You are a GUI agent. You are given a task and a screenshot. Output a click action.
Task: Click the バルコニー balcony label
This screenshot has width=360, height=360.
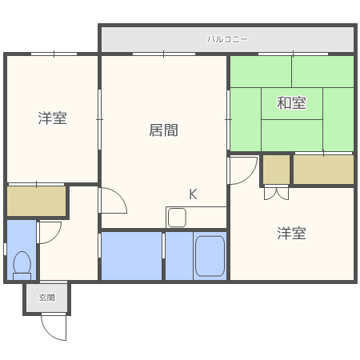(228, 38)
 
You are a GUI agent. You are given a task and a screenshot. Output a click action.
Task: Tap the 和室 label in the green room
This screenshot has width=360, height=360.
(291, 102)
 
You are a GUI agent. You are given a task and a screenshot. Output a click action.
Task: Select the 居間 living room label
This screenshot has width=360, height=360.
(163, 130)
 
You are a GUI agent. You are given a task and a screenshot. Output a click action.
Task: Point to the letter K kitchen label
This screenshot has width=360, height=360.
(193, 194)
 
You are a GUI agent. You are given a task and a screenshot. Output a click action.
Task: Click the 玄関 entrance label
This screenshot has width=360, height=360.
(47, 298)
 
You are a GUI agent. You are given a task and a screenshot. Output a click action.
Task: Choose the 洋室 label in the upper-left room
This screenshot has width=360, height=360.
(52, 118)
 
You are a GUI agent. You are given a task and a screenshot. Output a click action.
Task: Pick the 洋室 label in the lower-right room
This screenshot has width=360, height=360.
(292, 234)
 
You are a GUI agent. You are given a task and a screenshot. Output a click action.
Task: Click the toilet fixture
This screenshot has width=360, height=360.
(22, 264)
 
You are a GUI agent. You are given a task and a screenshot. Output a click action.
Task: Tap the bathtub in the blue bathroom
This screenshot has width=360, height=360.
(210, 256)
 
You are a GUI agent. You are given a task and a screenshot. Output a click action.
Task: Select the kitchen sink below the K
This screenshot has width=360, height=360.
(178, 217)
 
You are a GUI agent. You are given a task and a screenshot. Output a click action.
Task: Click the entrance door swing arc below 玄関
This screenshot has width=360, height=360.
(54, 326)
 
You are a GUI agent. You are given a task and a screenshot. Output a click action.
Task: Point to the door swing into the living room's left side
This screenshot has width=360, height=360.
(112, 200)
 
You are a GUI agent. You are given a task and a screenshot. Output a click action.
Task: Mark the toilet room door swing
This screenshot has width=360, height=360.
(49, 232)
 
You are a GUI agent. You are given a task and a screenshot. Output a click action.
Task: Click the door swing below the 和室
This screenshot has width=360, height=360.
(241, 170)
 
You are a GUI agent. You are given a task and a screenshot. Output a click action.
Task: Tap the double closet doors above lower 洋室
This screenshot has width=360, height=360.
(276, 192)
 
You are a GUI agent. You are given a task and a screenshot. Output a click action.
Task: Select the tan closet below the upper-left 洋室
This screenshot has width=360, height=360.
(37, 202)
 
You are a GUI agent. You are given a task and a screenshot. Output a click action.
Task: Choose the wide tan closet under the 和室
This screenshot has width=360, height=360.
(323, 170)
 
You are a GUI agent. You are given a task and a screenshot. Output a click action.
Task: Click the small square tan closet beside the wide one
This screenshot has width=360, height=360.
(276, 169)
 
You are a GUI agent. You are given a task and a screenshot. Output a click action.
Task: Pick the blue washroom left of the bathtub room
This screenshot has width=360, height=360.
(131, 256)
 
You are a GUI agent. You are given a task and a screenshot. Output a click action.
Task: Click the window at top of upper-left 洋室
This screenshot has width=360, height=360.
(54, 54)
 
